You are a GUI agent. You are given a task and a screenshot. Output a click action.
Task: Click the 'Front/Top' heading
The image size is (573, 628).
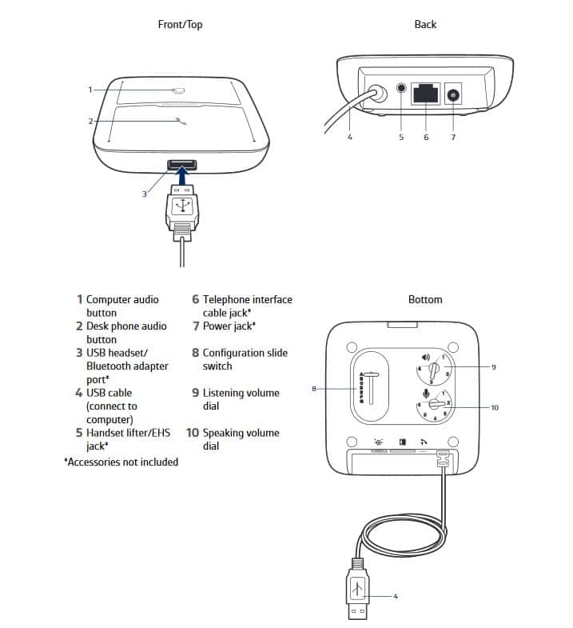180,25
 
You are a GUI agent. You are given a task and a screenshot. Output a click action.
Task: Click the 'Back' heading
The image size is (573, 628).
425,25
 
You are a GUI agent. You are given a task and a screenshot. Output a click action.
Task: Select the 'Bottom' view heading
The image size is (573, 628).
425,299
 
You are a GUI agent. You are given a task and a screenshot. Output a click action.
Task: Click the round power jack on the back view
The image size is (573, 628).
453,95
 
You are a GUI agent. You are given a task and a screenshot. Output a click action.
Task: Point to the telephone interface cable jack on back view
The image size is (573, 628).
425,94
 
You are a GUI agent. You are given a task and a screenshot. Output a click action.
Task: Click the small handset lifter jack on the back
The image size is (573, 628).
401,90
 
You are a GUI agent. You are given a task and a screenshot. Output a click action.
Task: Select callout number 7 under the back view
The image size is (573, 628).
453,138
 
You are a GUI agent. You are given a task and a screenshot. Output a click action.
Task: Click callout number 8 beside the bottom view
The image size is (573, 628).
315,389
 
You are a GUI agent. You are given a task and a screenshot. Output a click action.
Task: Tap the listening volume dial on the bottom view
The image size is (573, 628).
432,369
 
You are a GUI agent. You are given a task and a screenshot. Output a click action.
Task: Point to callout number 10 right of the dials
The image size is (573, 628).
494,407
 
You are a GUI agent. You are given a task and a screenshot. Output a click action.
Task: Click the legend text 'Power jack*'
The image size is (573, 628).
229,326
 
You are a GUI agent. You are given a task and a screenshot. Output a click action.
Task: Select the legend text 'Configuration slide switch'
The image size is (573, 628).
245,359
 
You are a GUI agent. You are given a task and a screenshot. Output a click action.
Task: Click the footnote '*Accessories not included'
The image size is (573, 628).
121,462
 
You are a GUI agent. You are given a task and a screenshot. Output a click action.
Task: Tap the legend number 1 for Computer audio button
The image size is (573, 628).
80,299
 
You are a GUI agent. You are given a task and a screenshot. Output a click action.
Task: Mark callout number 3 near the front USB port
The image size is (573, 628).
145,194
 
